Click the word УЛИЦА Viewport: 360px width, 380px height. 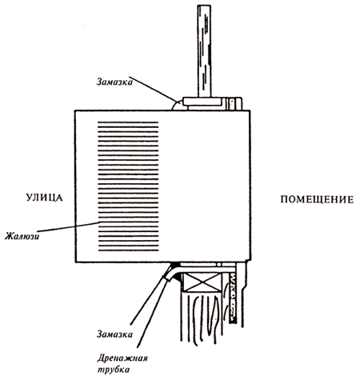[45, 198]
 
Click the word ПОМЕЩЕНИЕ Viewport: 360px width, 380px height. [317, 199]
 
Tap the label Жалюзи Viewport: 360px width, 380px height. [22, 236]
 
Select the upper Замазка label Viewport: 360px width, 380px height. [114, 82]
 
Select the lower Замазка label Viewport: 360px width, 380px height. [114, 334]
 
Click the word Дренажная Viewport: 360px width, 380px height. [122, 358]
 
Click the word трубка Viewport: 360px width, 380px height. [114, 370]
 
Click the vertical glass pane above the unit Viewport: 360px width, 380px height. [204, 50]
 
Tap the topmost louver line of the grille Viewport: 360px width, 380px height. [128, 122]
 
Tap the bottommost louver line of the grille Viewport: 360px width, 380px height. [128, 250]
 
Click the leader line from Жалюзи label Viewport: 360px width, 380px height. [68, 226]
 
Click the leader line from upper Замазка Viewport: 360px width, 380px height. [153, 90]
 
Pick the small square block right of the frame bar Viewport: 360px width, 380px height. [236, 103]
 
